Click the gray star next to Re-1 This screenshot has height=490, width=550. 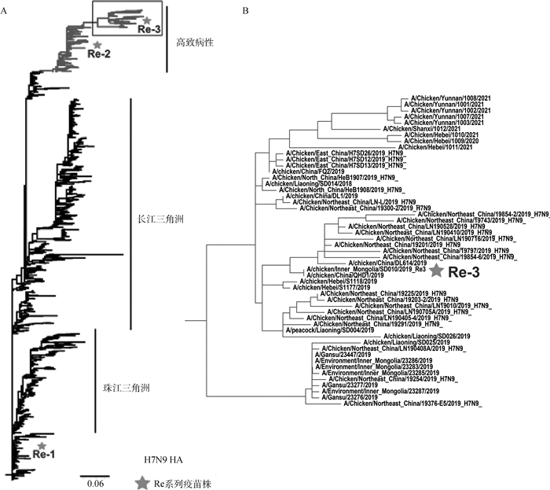(42, 445)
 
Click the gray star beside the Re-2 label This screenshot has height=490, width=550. (97, 45)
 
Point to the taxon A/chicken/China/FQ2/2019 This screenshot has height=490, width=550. (305, 171)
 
